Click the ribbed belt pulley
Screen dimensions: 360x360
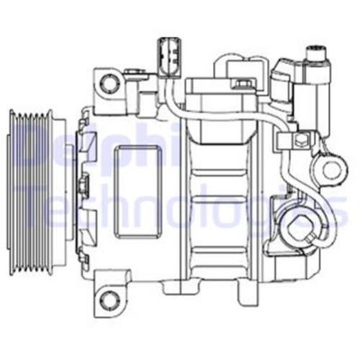[31, 193]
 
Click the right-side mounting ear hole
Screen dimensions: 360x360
[332, 170]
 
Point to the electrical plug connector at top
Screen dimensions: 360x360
[169, 58]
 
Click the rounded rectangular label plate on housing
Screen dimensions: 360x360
[138, 192]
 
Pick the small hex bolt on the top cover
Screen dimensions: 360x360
[241, 84]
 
